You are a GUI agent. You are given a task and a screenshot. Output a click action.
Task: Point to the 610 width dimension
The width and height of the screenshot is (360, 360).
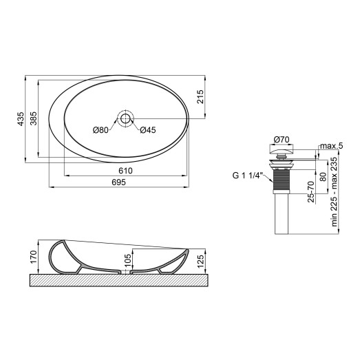click(x=125, y=171)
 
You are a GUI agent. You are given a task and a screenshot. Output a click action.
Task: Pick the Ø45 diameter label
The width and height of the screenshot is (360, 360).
click(x=148, y=131)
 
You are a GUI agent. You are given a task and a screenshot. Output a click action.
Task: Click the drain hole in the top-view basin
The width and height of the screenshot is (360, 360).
click(x=125, y=118)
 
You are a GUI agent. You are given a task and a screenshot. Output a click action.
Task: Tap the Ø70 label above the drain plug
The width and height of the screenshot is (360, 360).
click(x=279, y=138)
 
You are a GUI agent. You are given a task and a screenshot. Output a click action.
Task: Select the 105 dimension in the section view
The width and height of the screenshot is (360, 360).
click(x=127, y=261)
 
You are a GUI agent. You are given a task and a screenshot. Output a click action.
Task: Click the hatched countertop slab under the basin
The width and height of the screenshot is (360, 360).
click(x=117, y=281)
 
